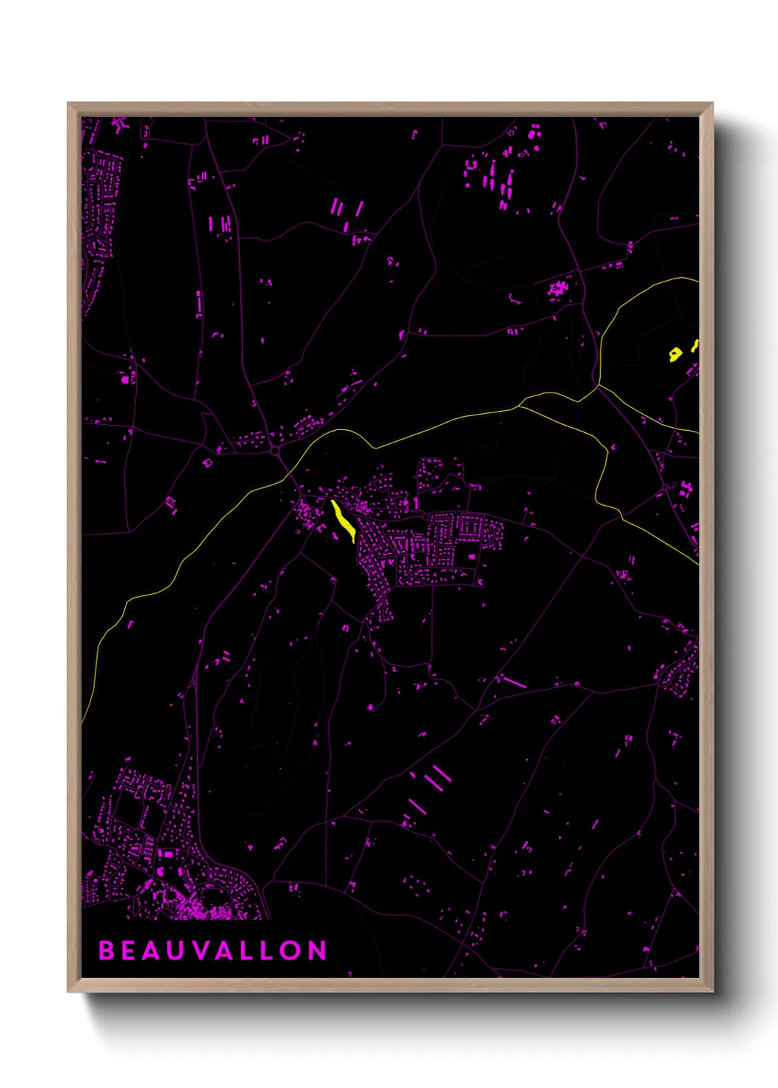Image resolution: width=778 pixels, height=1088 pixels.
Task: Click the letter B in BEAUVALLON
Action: (106, 951)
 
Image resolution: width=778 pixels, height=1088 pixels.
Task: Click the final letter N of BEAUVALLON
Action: (317, 951)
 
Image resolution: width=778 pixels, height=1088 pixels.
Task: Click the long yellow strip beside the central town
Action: (343, 520)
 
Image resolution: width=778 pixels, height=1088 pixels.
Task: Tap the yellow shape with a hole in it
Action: (675, 355)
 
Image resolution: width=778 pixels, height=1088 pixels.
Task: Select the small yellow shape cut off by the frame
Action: (695, 346)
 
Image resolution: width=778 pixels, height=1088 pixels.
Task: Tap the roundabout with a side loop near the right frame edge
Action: (666, 487)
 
